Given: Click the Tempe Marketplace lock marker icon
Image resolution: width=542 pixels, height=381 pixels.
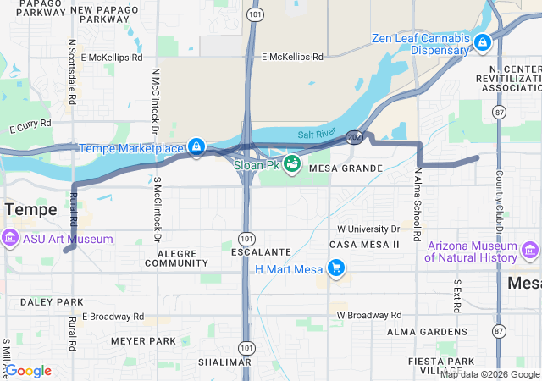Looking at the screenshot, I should [x=196, y=147].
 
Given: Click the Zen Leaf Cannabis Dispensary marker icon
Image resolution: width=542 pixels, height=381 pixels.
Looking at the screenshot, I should [x=482, y=41].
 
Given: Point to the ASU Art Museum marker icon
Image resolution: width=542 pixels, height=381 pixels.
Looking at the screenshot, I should [x=9, y=239].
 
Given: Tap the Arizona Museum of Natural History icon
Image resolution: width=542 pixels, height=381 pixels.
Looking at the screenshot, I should [x=530, y=251].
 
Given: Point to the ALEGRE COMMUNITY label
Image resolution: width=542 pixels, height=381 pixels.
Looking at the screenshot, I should [x=176, y=257].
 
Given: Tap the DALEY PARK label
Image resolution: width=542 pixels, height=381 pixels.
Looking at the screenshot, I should [x=52, y=302].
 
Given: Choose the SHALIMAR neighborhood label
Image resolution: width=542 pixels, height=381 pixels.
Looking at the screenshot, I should [x=225, y=362].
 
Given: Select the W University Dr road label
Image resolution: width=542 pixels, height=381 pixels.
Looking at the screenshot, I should [x=368, y=229].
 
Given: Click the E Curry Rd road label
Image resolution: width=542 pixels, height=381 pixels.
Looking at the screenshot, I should [x=31, y=126].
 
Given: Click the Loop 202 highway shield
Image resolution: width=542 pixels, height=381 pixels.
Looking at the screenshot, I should [x=354, y=135].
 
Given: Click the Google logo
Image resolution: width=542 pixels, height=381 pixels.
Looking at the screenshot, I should [x=28, y=371].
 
